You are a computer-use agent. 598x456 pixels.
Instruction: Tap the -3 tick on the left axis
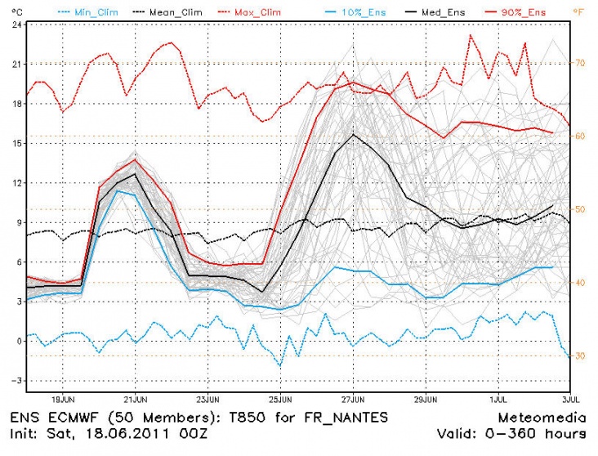16,381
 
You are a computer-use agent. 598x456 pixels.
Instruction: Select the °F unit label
578,11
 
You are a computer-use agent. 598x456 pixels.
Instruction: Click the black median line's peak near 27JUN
353,134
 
